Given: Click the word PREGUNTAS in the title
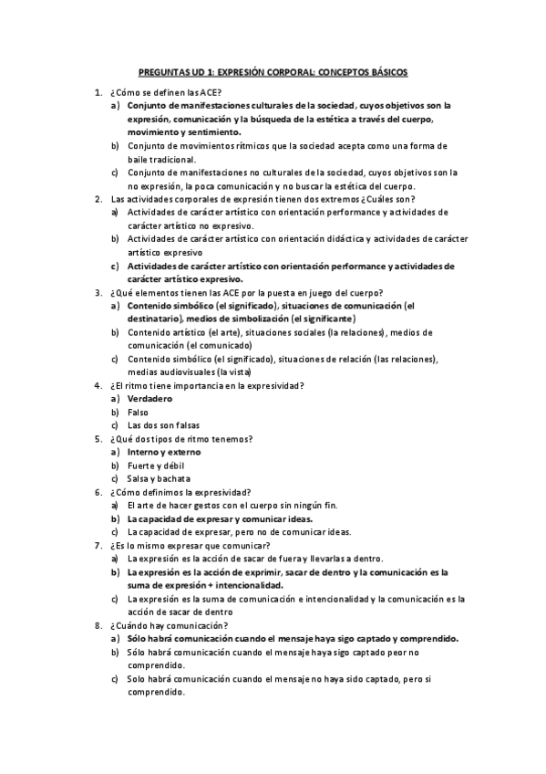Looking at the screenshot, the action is pos(160,70).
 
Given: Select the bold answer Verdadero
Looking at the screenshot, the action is pos(149,399).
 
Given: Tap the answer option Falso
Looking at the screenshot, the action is pos(138,413).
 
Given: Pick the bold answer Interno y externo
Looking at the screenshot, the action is pos(164,452).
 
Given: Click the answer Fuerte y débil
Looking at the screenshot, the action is pos(157,465).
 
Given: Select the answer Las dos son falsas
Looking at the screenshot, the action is pos(163,425).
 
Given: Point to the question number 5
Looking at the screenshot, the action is pos(97,439).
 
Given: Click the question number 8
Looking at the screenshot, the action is pos(97,625).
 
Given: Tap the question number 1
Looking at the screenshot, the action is pos(97,93).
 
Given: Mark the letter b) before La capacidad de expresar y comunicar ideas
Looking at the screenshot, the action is pos(115,518).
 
